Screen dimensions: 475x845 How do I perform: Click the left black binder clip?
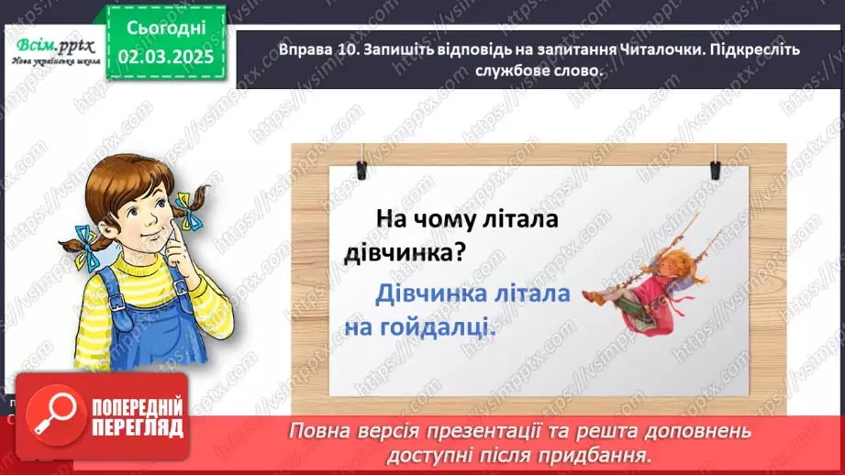[361, 167]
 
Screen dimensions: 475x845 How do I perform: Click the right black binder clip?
[715, 168]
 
